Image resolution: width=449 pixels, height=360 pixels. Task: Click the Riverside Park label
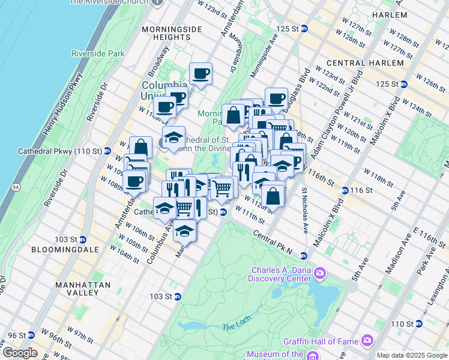pos(98,53)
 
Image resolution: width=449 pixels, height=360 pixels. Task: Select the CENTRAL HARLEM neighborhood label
pos(365,63)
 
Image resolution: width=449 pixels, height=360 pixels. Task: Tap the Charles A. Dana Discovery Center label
pos(282,274)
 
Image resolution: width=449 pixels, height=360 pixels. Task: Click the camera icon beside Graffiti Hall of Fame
pos(367,341)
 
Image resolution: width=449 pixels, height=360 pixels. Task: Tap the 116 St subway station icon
pos(345,190)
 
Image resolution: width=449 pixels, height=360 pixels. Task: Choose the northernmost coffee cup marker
pos(201,74)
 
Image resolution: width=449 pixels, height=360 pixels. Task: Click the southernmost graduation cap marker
pos(185,231)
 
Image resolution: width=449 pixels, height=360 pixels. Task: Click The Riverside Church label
pos(109,2)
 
